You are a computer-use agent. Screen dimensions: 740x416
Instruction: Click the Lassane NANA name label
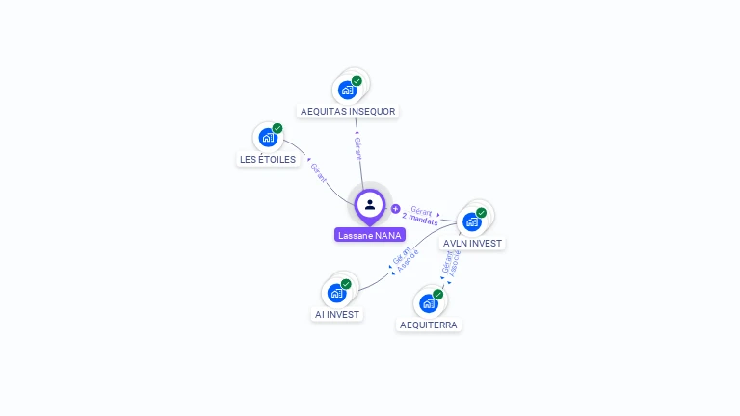coord(370,235)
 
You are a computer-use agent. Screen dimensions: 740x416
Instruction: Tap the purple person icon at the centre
coord(370,204)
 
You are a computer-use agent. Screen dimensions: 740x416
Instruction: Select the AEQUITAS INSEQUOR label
coord(348,111)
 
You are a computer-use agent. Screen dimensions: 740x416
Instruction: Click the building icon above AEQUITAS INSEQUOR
coord(348,90)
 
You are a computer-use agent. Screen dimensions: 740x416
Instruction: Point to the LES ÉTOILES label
coord(267,159)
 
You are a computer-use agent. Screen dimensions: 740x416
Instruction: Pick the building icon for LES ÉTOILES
coord(268,138)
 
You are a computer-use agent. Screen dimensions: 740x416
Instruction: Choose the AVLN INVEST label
coord(472,243)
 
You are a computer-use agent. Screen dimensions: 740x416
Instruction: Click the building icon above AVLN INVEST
coord(472,221)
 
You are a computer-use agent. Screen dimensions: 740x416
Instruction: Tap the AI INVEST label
coord(336,314)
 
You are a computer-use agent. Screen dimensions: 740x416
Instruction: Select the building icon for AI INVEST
coord(336,293)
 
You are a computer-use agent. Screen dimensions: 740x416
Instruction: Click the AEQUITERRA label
coord(428,325)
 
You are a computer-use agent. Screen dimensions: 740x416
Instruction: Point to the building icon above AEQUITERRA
coord(429,303)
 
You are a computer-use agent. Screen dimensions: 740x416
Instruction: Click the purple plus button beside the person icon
coord(395,208)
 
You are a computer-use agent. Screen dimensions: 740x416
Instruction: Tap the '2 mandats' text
coord(420,220)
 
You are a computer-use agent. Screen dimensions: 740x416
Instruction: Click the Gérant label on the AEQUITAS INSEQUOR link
coord(357,148)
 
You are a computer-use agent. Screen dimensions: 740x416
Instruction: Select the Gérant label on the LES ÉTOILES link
coord(319,173)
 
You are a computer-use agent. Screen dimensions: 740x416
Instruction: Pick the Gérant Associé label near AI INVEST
coord(406,257)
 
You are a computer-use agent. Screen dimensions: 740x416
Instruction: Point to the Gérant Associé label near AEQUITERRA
coord(451,262)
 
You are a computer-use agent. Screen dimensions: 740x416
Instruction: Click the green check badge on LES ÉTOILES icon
coord(277,128)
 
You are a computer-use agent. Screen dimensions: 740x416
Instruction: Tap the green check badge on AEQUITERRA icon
coord(438,294)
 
